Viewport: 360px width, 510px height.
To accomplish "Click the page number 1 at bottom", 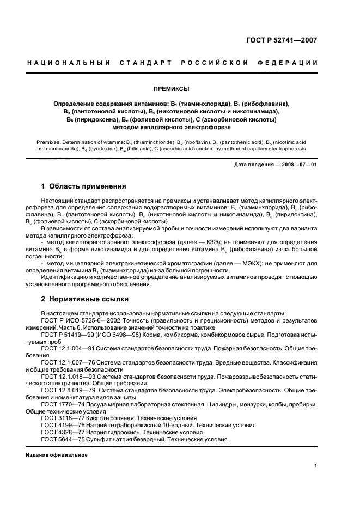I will point(316,466).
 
